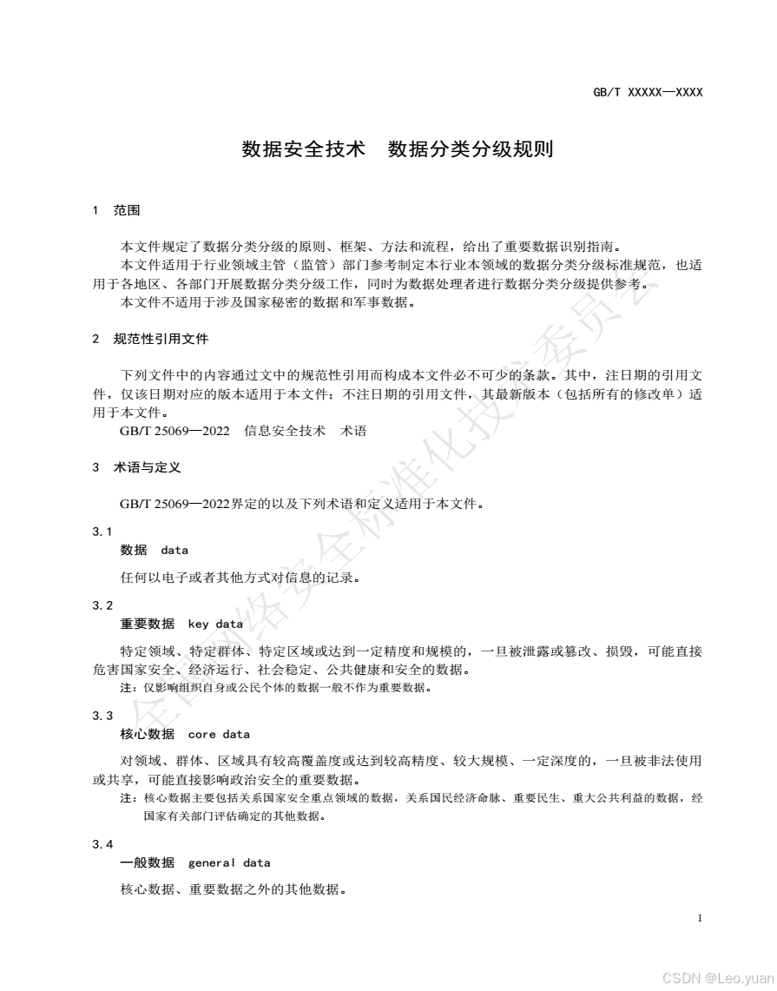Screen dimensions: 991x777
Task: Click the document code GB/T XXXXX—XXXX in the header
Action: click(x=648, y=91)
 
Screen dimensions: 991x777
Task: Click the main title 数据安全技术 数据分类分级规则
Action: click(x=397, y=149)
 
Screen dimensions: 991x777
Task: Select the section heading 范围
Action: click(x=127, y=211)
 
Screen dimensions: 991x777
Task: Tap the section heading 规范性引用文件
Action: click(x=161, y=339)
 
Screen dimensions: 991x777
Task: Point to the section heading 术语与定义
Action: click(x=147, y=467)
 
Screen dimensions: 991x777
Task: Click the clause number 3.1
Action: click(x=102, y=532)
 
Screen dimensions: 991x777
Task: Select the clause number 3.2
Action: click(x=102, y=605)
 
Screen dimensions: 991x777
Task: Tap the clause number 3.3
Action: click(x=102, y=716)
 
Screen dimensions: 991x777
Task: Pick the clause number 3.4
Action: click(x=102, y=844)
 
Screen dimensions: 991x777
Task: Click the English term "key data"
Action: click(x=215, y=624)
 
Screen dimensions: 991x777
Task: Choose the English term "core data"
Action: click(x=219, y=734)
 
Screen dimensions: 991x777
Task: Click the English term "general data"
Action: click(x=229, y=862)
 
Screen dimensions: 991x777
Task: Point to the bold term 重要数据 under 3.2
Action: click(x=147, y=624)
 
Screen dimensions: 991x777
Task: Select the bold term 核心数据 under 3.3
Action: click(x=147, y=734)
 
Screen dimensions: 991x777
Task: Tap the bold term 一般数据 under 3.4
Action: click(x=147, y=862)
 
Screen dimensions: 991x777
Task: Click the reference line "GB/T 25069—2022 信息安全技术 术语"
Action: click(x=243, y=431)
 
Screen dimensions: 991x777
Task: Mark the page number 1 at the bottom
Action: click(x=700, y=918)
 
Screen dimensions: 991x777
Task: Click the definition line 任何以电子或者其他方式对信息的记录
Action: click(x=240, y=577)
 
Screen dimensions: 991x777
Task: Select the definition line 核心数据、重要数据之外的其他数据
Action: click(x=234, y=889)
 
